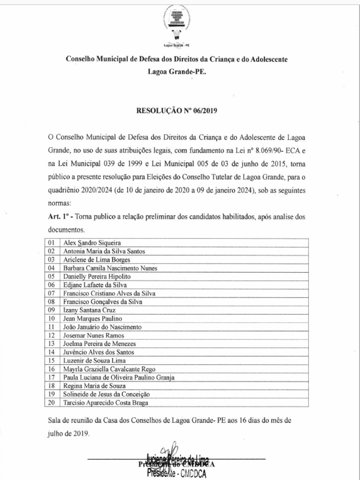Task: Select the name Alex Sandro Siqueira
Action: point(92,243)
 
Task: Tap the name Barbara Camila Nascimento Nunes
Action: point(110,268)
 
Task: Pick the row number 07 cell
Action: point(52,293)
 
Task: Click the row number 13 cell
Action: point(52,344)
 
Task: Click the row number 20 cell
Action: point(52,402)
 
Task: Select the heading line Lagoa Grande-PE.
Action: point(178,73)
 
